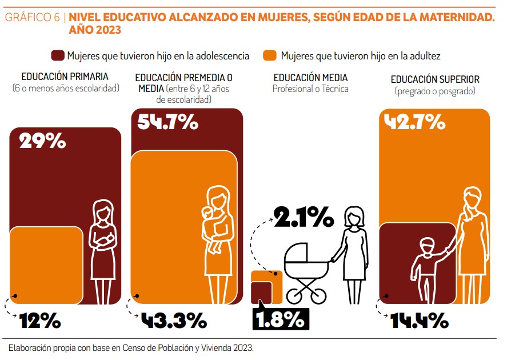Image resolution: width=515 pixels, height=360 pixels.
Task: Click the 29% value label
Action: point(42,141)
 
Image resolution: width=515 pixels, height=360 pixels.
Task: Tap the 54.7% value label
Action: point(168,122)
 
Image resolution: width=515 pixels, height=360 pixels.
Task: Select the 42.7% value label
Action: point(415,122)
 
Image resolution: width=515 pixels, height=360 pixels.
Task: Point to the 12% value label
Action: point(40,321)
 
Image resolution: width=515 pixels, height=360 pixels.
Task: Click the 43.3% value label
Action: point(174,321)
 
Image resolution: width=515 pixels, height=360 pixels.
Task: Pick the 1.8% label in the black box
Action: point(281,319)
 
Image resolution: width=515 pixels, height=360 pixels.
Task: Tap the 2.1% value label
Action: point(304,217)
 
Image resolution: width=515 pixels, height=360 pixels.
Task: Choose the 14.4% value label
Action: point(420,321)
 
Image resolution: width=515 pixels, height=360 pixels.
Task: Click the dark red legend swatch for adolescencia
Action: point(58,55)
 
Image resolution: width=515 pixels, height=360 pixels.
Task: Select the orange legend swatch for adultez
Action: point(270,55)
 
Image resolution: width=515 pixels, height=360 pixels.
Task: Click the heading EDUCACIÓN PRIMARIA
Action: point(65,77)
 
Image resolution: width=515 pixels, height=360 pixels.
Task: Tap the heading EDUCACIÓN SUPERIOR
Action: point(435,79)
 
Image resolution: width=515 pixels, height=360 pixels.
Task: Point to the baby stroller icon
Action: point(306,273)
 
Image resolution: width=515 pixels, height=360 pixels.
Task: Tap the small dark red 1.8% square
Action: point(261,293)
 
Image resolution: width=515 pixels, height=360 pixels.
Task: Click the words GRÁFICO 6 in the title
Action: point(33,17)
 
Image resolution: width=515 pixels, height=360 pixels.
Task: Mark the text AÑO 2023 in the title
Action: point(95,30)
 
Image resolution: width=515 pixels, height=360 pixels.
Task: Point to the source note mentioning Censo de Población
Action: point(131,348)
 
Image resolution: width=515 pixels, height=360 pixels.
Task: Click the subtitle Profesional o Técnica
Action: point(310,89)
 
